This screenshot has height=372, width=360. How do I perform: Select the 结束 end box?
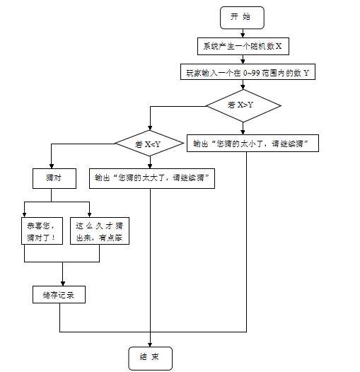149,358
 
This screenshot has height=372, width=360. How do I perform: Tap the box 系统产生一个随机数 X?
243,47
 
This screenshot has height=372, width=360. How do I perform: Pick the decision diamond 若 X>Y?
243,105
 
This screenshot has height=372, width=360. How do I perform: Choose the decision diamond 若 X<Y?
149,144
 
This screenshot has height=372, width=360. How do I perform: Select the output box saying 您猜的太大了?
151,178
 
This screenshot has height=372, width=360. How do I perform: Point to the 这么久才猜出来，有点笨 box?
100,231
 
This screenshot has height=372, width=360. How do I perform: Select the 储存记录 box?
59,295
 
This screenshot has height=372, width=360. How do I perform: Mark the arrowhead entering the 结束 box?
150,343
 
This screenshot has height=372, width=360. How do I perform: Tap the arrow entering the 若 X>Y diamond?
243,86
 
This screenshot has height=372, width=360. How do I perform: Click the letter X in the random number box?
279,47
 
